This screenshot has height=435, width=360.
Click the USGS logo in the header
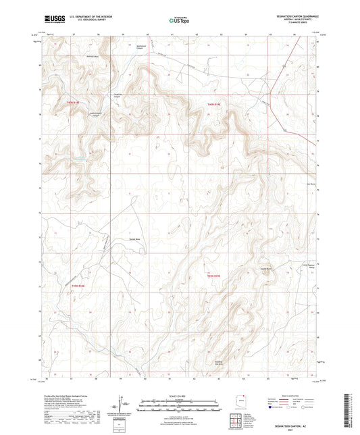[x=52, y=20]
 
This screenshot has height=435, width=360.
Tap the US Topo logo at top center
[x=178, y=21]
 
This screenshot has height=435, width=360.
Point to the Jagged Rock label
[x=256, y=268]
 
